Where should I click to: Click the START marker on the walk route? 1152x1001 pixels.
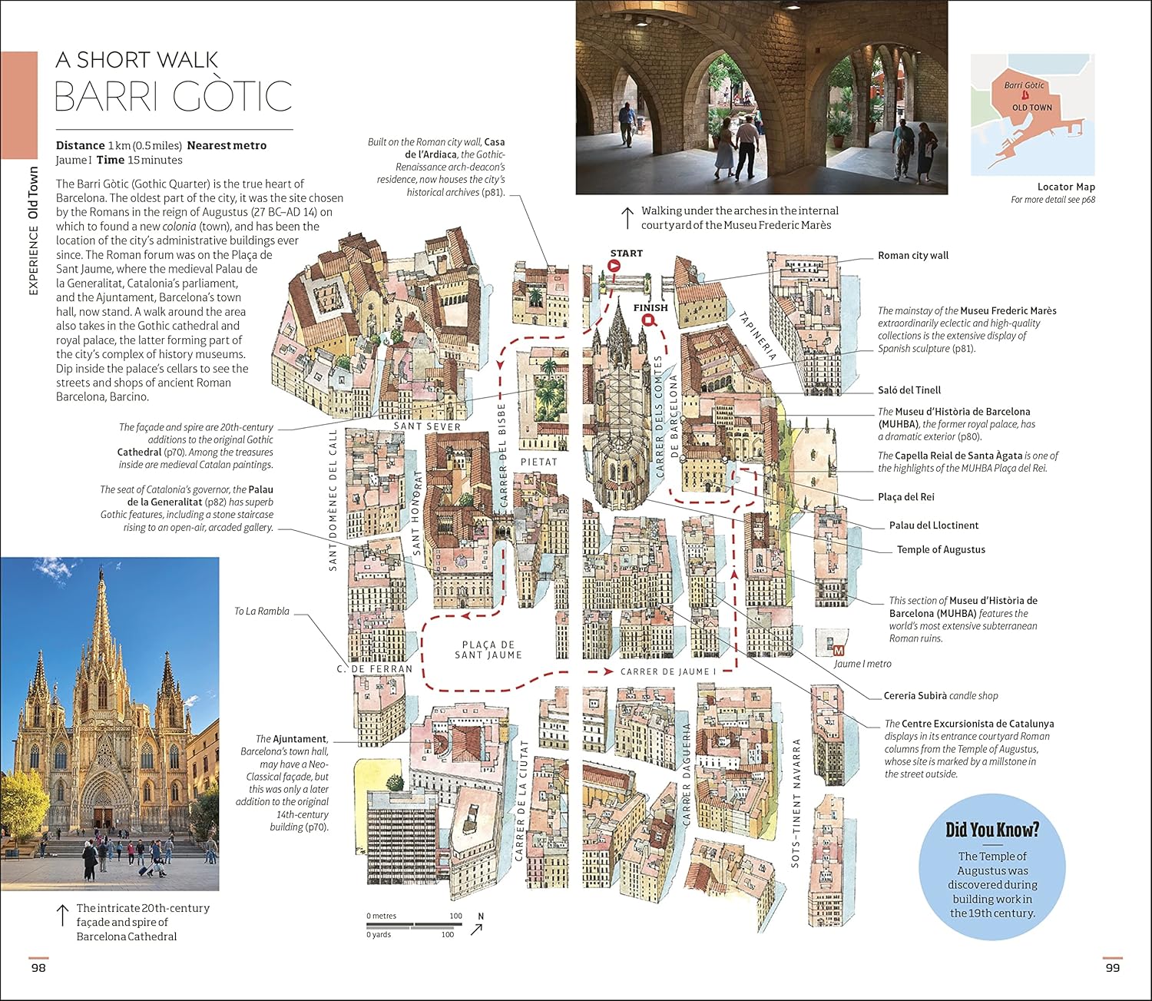pos(614,266)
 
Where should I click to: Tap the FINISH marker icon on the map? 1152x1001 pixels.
pos(649,320)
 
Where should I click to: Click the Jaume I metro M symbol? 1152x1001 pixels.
pos(839,650)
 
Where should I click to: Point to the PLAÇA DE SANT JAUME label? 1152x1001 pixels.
pos(488,650)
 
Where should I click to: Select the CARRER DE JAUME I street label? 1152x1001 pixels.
pos(667,671)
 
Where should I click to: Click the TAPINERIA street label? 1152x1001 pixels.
pos(758,336)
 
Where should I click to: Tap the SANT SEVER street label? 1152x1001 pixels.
pos(427,426)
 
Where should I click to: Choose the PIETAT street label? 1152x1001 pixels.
pos(539,462)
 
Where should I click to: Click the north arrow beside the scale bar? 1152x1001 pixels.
pos(478,927)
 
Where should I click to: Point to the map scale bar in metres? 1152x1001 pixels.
pos(414,925)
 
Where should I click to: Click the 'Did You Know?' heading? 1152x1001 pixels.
pos(992,830)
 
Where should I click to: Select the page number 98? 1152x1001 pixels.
pos(38,967)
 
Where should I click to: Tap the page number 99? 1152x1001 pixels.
pos(1112,967)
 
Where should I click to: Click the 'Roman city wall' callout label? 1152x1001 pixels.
pos(913,255)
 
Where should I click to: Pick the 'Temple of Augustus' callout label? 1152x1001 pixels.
pos(941,549)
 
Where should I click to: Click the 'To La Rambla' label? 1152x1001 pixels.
pos(262,612)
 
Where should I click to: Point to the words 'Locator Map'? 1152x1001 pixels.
pos(1066,187)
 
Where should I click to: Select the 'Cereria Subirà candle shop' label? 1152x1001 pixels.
pos(941,696)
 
